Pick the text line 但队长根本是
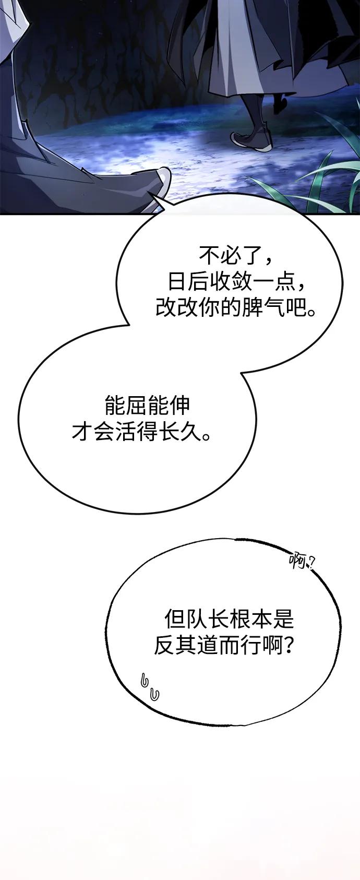tap(230, 620)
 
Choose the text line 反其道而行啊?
tap(223, 647)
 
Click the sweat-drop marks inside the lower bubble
tap(150, 686)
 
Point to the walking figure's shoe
tap(251, 140)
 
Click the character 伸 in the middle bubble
tap(179, 406)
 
